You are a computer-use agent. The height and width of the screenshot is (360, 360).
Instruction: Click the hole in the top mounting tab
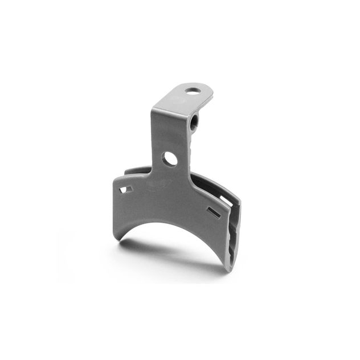pos(193,90)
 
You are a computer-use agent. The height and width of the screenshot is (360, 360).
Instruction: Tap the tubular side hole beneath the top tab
pos(194,121)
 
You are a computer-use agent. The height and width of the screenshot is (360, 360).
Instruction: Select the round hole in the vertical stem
pos(170,159)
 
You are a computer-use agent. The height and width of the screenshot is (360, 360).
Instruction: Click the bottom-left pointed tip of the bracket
pos(119,238)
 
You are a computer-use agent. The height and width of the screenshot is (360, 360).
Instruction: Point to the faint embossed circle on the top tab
pos(178,100)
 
